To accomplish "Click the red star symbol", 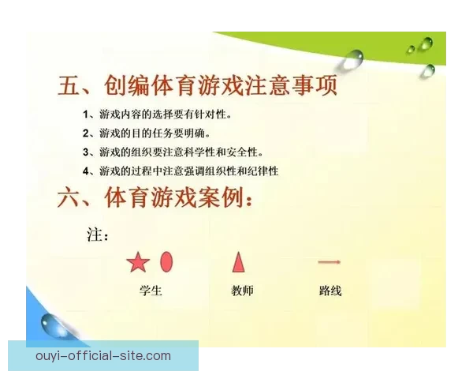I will click(x=138, y=262).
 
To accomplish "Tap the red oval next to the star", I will click(x=166, y=261).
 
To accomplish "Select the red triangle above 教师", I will click(x=238, y=261).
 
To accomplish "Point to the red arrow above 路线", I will click(x=329, y=262).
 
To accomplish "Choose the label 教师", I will click(x=242, y=291).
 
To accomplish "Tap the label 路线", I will click(x=330, y=291).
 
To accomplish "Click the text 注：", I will click(x=97, y=235).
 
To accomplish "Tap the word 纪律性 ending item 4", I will click(x=263, y=171).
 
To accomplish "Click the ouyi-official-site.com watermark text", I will click(x=103, y=356).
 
